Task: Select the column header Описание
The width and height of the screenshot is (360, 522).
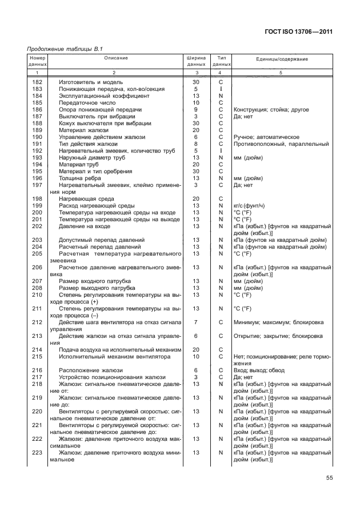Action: pos(115,58)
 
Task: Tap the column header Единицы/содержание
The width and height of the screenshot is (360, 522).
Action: pos(282,59)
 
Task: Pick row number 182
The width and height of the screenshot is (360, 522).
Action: pos(38,82)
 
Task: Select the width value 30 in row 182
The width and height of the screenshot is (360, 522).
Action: pos(196,82)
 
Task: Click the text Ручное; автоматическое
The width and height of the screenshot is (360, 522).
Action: pos(266,137)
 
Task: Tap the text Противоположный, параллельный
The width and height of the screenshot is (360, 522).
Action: pos(280,144)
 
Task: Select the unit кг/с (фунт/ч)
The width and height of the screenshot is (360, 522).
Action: pos(252,205)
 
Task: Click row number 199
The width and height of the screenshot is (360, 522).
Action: pos(38,205)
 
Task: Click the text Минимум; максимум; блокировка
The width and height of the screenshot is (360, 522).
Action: pos(278,322)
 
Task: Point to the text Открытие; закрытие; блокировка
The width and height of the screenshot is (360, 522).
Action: pos(278,336)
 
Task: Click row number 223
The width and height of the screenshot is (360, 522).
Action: pos(38,452)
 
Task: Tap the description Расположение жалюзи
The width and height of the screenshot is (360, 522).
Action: pos(87,370)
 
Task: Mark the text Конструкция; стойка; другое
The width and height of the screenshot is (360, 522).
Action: pos(271,110)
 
